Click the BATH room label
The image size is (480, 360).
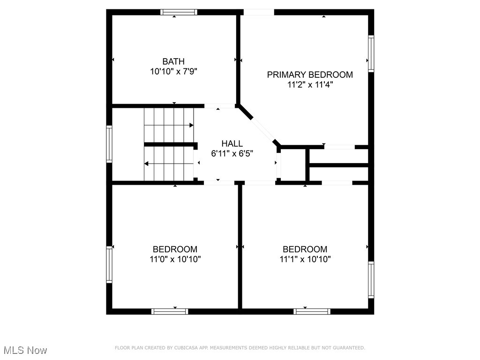pos(173,61)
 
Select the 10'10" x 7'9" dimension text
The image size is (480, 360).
pos(173,72)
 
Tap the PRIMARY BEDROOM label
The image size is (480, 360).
pos(310,75)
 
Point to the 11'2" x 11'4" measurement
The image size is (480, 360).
pos(310,85)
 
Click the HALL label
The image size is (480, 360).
pos(232,143)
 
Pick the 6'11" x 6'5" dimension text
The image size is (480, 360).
pos(232,154)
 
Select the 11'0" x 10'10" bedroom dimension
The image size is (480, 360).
pos(175,259)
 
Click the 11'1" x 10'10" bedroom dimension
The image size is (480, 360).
pos(305,259)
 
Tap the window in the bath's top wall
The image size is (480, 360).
pos(179,12)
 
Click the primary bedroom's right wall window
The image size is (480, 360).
pos(371,54)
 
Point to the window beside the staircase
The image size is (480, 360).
pos(109,144)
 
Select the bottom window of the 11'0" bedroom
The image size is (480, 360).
pos(170,311)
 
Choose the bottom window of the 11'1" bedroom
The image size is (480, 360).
pos(312,311)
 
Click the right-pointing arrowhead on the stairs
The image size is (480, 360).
pos(191,125)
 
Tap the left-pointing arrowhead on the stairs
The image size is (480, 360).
pos(147,164)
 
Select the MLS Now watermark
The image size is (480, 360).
pos(25,350)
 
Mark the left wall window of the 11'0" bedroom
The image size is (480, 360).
pos(109,264)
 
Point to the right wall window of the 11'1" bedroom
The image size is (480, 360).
pos(371,279)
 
